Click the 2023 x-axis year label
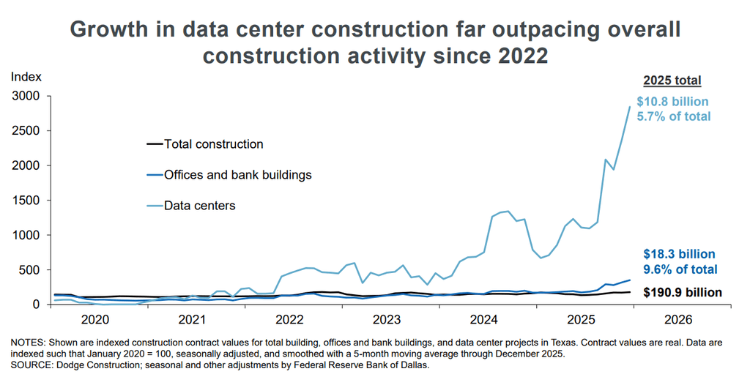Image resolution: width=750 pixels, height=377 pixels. pyautogui.click(x=387, y=320)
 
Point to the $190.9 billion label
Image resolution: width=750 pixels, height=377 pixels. pyautogui.click(x=683, y=292)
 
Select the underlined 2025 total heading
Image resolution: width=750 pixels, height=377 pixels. pyautogui.click(x=672, y=81)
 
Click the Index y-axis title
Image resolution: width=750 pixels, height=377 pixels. pyautogui.click(x=26, y=76)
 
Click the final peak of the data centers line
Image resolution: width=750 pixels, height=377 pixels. pyautogui.click(x=629, y=107)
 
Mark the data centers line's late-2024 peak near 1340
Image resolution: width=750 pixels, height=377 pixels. pyautogui.click(x=508, y=211)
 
